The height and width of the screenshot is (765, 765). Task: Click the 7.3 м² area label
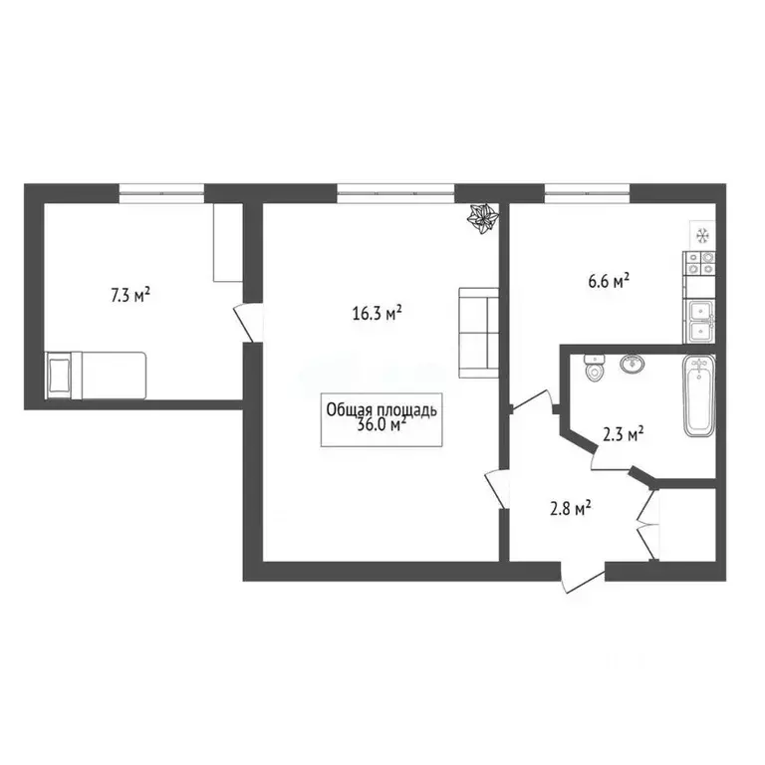click(129, 295)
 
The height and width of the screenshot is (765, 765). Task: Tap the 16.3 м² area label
click(377, 313)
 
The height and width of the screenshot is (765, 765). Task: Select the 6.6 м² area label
click(609, 282)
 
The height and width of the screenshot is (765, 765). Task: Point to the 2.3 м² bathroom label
click(624, 433)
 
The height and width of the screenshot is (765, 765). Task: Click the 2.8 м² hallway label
click(571, 509)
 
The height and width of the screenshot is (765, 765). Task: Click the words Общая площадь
click(381, 408)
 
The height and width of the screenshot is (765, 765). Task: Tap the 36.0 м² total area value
click(381, 425)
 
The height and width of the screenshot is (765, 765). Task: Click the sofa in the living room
click(478, 332)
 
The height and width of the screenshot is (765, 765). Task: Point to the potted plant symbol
click(484, 219)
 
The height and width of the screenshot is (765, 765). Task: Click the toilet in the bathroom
click(596, 369)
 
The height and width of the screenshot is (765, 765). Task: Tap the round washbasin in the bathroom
click(631, 364)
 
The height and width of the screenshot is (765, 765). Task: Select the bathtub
click(699, 395)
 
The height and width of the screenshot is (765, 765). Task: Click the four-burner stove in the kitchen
click(698, 263)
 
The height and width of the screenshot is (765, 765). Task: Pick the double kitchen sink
click(698, 318)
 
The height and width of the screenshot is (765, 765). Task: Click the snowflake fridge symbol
click(700, 235)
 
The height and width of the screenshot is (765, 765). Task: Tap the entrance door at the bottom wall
click(583, 578)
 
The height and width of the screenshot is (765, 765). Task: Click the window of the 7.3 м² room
click(161, 191)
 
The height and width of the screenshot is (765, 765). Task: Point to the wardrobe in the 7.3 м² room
click(227, 243)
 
